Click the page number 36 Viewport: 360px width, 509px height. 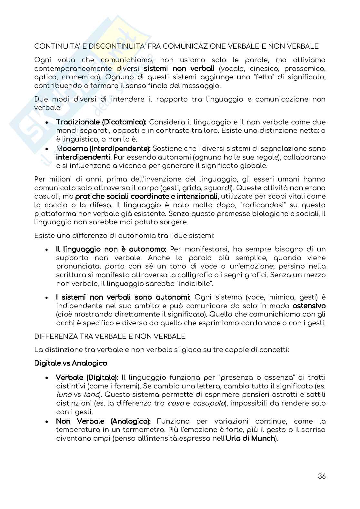coord(322,476)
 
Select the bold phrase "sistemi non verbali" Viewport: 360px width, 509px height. coord(179,69)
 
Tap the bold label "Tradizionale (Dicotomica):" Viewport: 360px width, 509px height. coord(101,122)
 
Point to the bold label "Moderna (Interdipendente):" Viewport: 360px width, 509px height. coord(103,149)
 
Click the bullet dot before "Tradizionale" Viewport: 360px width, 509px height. coord(47,122)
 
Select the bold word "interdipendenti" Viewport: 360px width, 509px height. coord(83,157)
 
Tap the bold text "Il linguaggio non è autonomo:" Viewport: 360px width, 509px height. coord(111,249)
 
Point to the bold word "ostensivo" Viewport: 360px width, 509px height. coord(309,306)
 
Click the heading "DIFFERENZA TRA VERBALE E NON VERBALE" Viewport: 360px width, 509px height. coord(110,337)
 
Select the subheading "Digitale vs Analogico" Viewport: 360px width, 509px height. coord(71,363)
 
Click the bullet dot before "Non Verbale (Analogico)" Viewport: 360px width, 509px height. coord(47,422)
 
